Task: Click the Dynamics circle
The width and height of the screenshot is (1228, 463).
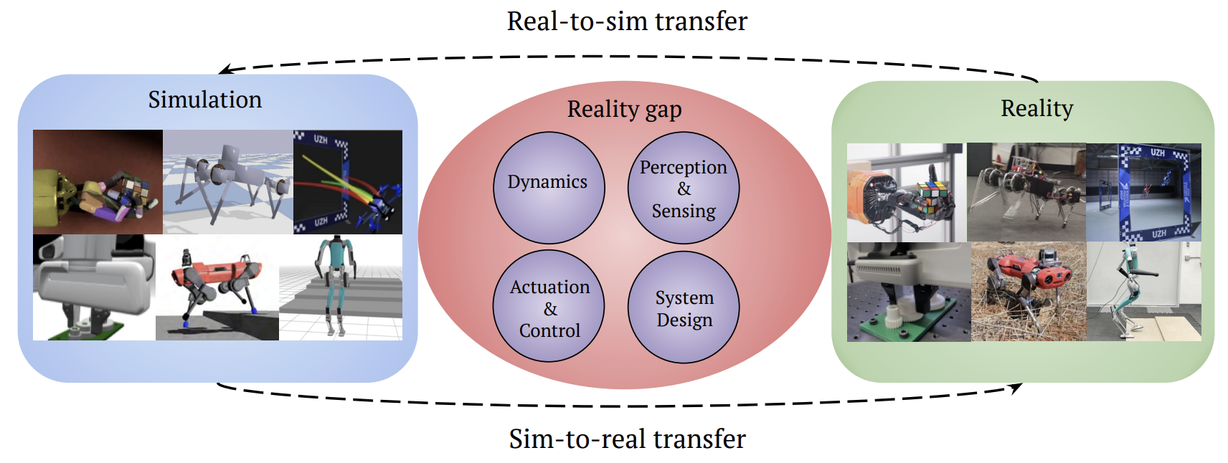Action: [x=549, y=187]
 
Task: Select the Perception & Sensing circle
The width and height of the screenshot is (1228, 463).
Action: [x=683, y=188]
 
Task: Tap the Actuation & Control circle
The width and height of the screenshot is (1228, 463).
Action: [x=549, y=306]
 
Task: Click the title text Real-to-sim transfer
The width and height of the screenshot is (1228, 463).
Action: [x=626, y=22]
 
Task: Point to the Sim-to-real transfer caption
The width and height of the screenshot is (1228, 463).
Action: [x=627, y=439]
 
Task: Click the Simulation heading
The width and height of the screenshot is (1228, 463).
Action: [x=205, y=100]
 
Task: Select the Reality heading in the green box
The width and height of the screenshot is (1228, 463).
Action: [x=1036, y=108]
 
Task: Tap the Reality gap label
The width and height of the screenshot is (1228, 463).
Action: [x=624, y=109]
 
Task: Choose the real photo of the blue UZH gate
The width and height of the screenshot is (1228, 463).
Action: [x=1143, y=192]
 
